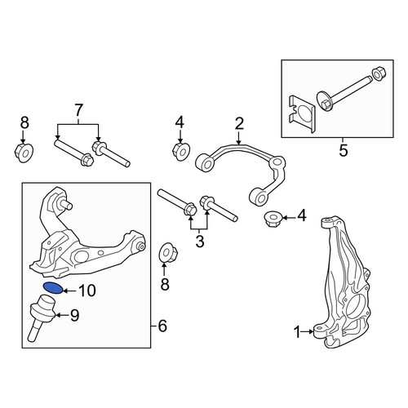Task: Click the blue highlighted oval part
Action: click(x=53, y=288)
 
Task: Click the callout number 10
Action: click(x=87, y=290)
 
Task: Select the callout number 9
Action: click(x=74, y=316)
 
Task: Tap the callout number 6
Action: click(x=162, y=326)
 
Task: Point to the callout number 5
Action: click(x=344, y=151)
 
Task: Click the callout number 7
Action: click(x=78, y=111)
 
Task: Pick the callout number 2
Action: click(x=239, y=123)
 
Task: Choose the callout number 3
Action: click(x=200, y=242)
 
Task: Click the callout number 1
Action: click(x=297, y=332)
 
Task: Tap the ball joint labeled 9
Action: click(x=43, y=316)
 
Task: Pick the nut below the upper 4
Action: click(x=181, y=151)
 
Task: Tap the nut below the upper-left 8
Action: click(x=24, y=153)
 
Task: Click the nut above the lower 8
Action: click(x=168, y=252)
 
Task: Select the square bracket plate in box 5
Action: click(x=302, y=113)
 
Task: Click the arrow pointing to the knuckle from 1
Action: click(x=308, y=331)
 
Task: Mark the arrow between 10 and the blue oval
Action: click(x=70, y=291)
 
